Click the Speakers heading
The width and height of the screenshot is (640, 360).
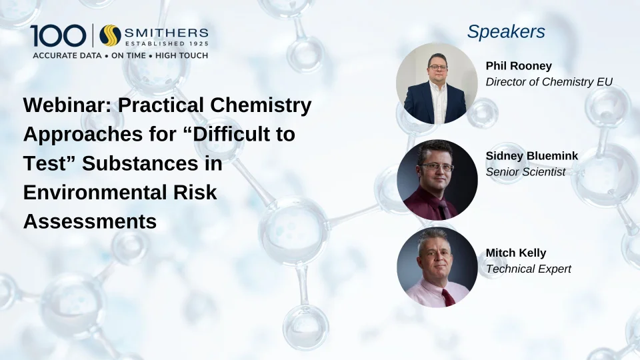tap(506, 32)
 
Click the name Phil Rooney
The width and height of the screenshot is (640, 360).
tap(519, 66)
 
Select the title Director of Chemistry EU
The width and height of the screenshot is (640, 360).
tap(549, 82)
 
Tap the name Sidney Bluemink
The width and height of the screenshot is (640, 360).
tap(532, 156)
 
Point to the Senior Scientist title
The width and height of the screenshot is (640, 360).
tap(526, 172)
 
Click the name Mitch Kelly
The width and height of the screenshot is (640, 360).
tap(516, 253)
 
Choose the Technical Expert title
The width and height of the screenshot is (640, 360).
tap(529, 269)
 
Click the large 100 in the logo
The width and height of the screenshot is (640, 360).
tap(58, 35)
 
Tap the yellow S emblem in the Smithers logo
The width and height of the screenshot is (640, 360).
tap(110, 35)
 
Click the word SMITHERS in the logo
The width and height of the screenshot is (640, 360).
tap(167, 32)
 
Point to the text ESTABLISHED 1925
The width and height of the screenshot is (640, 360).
tap(167, 43)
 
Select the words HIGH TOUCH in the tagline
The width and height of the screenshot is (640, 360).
tap(181, 55)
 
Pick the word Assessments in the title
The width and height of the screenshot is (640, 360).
tap(90, 221)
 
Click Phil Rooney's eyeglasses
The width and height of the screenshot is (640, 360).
tap(438, 67)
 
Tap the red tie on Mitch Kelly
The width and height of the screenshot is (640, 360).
tap(448, 297)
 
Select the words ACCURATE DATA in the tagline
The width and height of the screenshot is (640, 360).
tap(67, 55)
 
